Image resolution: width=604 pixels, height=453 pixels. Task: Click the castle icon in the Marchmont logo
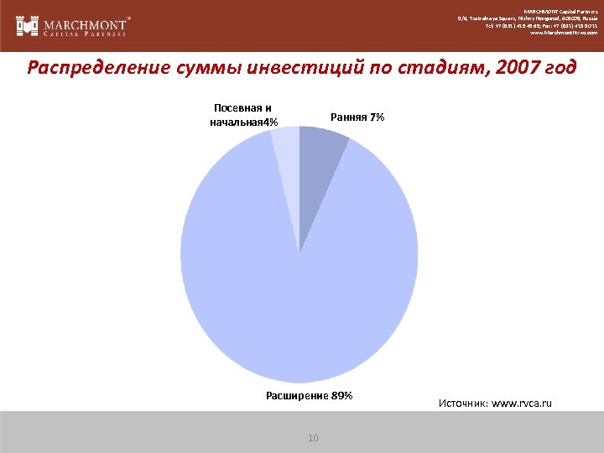(28, 25)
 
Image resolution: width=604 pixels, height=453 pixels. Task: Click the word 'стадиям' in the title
(425, 68)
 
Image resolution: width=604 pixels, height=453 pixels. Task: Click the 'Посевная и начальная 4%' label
(243, 116)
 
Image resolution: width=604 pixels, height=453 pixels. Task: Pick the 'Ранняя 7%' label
(357, 117)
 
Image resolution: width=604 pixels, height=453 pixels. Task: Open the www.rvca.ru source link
(523, 404)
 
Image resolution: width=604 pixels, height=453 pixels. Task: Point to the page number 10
(314, 438)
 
